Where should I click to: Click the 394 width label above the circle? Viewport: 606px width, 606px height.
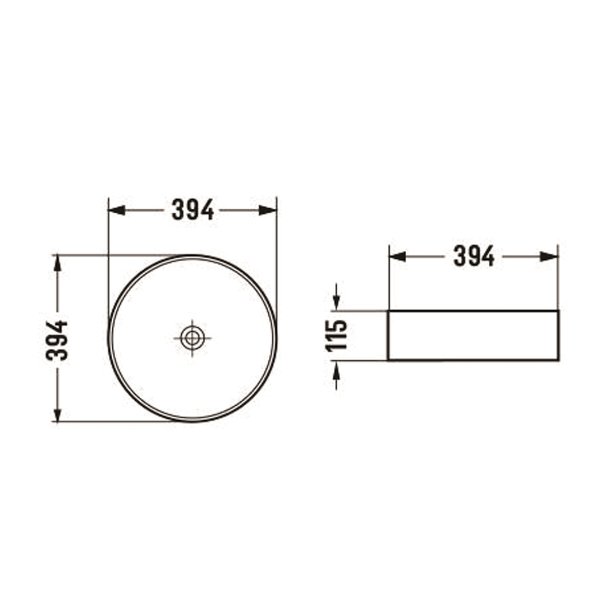point(192,210)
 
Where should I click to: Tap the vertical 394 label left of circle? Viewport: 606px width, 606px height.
point(57,340)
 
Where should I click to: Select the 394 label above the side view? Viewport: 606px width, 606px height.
point(474,256)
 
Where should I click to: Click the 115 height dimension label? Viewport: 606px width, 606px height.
point(337,335)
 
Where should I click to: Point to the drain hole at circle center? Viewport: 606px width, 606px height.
point(192,338)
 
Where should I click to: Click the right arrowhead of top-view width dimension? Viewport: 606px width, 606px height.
point(268,210)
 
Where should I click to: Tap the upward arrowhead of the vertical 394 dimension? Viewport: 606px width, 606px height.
point(57,263)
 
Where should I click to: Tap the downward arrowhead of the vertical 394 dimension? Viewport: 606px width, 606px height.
point(57,414)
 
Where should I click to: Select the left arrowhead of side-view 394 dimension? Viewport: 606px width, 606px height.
point(397,256)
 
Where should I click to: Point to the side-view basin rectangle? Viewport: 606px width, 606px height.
point(473,335)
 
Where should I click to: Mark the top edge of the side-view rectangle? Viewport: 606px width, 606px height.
point(473,310)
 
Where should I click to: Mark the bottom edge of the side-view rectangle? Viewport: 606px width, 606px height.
point(473,360)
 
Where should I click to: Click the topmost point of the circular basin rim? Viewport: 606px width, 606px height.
point(192,256)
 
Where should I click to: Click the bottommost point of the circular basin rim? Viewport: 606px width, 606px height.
point(192,421)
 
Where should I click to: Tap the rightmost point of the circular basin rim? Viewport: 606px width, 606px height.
point(276,338)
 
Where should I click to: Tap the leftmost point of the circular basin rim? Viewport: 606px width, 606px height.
point(109,338)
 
